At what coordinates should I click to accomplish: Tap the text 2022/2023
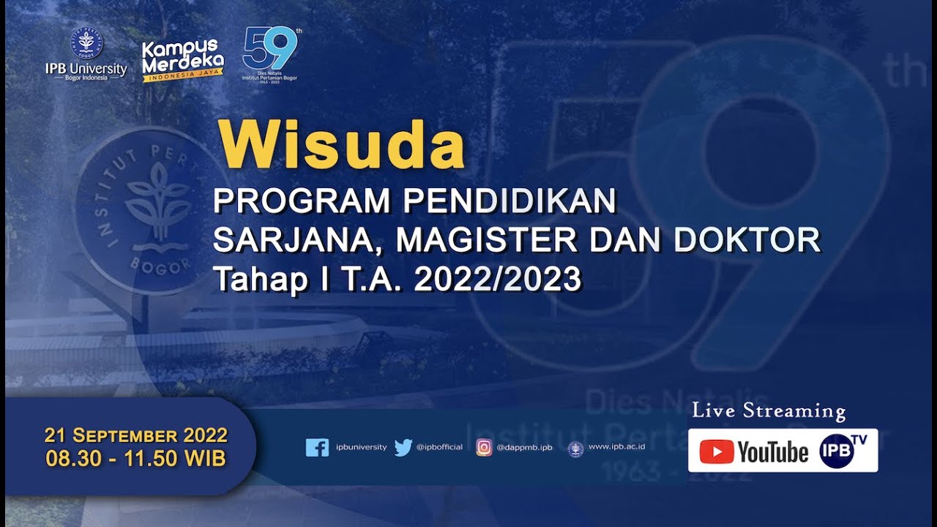(498, 280)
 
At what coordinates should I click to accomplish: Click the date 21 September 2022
(136, 436)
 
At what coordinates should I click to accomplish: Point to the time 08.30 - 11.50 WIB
(136, 459)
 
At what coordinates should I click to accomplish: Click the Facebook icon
(317, 447)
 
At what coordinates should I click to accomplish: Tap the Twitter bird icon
(403, 447)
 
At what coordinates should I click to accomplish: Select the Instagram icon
(485, 447)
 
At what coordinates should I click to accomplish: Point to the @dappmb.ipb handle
(524, 447)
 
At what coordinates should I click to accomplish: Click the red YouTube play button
(717, 452)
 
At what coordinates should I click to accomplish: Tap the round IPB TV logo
(836, 451)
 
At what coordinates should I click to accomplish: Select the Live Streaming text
(769, 411)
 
